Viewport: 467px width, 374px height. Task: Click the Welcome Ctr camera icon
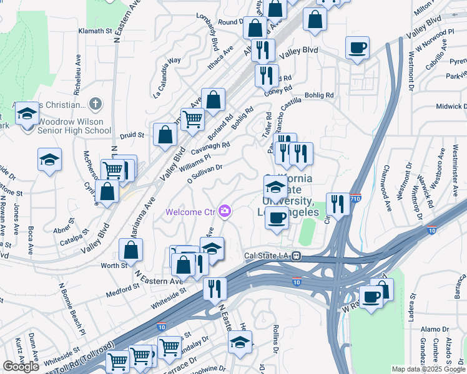tap(225, 212)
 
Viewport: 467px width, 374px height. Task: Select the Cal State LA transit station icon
tap(298, 256)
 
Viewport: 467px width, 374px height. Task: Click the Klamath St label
tap(94, 30)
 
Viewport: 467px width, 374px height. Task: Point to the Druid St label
tap(132, 134)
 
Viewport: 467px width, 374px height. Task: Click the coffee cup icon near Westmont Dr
tap(357, 48)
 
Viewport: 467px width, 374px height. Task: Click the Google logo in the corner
tap(21, 366)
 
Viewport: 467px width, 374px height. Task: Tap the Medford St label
tap(122, 287)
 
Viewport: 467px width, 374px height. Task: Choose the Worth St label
tap(114, 266)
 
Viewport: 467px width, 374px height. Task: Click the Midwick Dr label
tap(451, 107)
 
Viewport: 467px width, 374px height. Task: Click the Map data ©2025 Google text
tap(428, 369)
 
